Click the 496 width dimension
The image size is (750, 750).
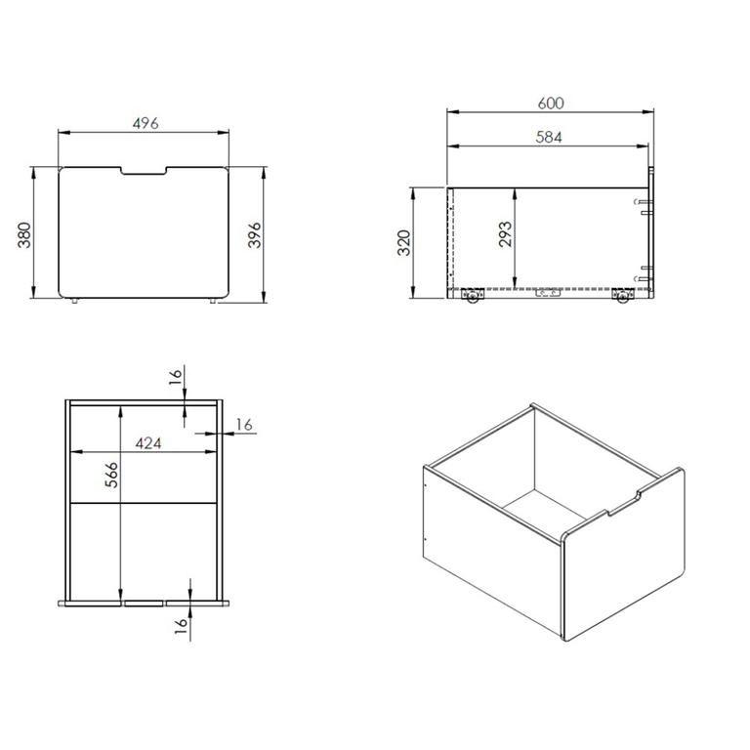146,123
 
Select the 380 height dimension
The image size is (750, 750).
23,234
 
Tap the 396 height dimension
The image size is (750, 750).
255,234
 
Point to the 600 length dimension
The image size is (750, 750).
551,104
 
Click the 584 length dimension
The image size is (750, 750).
549,138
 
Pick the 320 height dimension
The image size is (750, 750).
404,242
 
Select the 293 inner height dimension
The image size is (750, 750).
505,234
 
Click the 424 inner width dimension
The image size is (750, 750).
148,443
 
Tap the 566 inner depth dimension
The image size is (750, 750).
111,475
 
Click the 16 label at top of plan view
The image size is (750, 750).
176,374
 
